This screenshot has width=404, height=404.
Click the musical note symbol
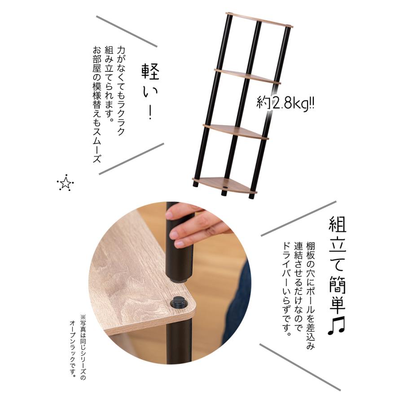pos(336,326)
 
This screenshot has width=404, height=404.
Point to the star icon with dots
pos(66,183)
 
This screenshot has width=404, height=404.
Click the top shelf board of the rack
pos(259,20)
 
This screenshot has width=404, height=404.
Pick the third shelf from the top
pos(236,131)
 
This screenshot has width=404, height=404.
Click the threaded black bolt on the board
pos(179,303)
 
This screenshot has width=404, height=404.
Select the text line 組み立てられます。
pos(108,83)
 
